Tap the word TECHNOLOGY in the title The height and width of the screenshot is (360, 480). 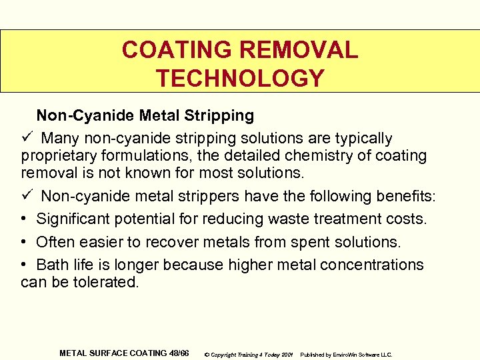tap(240, 79)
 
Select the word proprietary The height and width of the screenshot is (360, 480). tap(56, 156)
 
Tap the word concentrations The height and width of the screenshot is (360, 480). tap(371, 265)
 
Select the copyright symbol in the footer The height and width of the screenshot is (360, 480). tap(207, 354)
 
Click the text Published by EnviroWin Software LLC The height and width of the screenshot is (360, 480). tap(347, 354)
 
